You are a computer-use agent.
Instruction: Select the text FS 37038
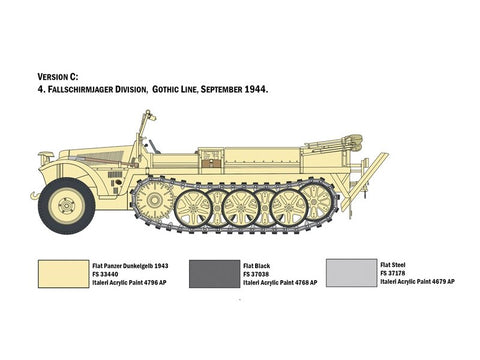click(257, 274)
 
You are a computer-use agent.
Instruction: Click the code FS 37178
click(396, 273)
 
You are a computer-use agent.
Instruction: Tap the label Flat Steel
click(392, 265)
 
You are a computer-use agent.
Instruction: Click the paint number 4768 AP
click(301, 283)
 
